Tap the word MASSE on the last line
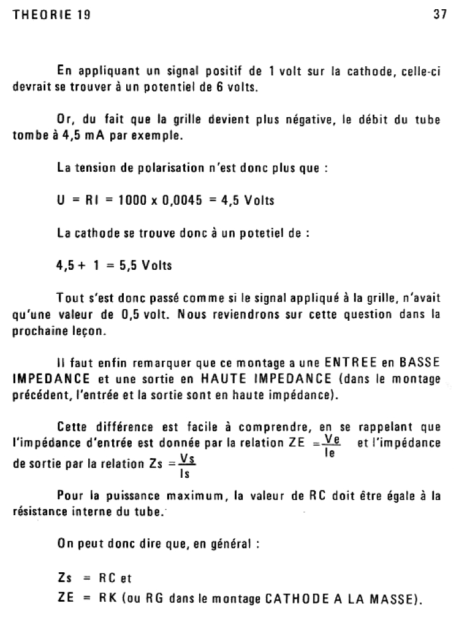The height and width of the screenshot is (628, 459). (x=392, y=595)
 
